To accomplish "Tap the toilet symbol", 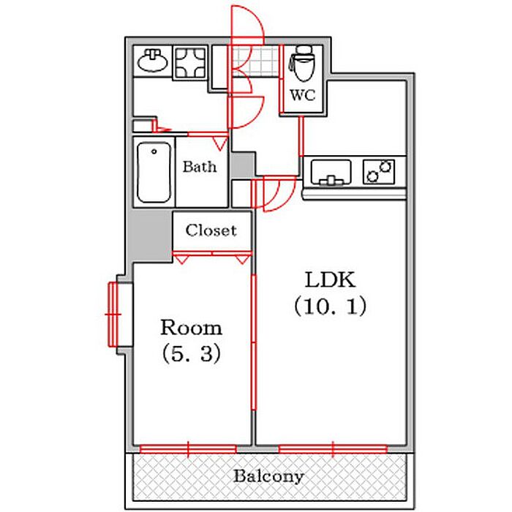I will click(301, 67).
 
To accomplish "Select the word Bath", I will click(200, 167).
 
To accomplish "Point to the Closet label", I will click(211, 230).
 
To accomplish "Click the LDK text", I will click(329, 280).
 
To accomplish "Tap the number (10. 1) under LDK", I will click(329, 306).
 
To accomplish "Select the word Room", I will click(191, 326).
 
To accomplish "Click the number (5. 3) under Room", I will click(191, 354).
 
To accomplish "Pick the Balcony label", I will click(268, 476).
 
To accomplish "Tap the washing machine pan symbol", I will click(192, 63).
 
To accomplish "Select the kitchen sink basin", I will click(331, 173).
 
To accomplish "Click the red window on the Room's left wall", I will click(113, 313).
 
